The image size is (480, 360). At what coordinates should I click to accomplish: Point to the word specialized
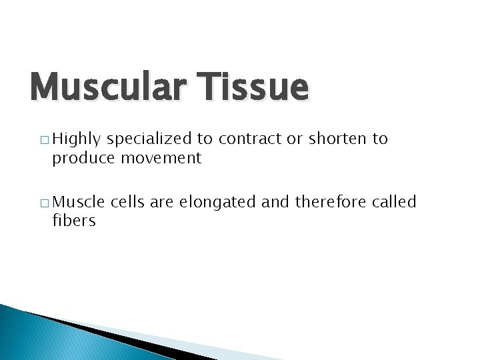tap(150, 140)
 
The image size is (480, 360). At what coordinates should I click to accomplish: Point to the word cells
tap(128, 202)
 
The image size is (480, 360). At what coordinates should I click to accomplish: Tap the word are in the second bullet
tap(161, 202)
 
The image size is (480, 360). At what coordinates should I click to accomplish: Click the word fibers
tap(74, 220)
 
